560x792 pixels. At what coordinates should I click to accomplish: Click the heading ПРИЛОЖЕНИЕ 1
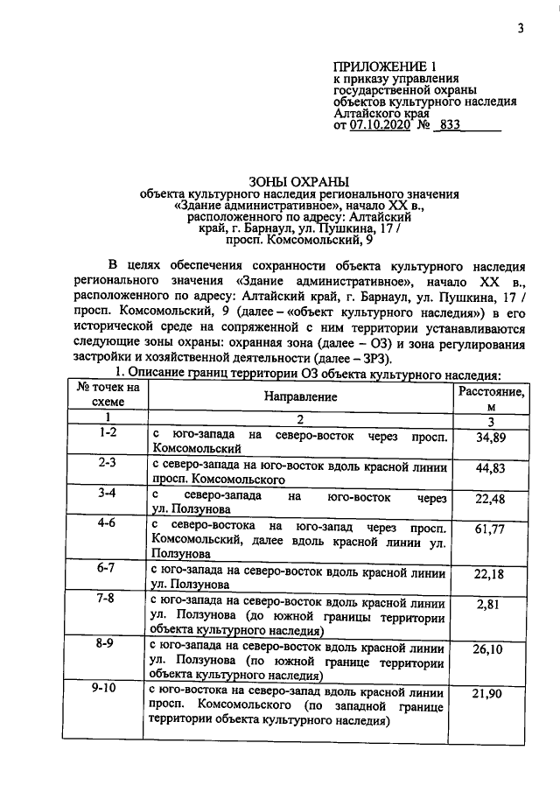click(x=384, y=67)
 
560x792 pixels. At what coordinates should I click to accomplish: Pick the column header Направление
click(x=298, y=396)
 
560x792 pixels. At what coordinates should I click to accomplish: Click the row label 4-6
click(x=108, y=523)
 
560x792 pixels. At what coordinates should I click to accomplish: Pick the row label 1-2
click(x=108, y=433)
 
